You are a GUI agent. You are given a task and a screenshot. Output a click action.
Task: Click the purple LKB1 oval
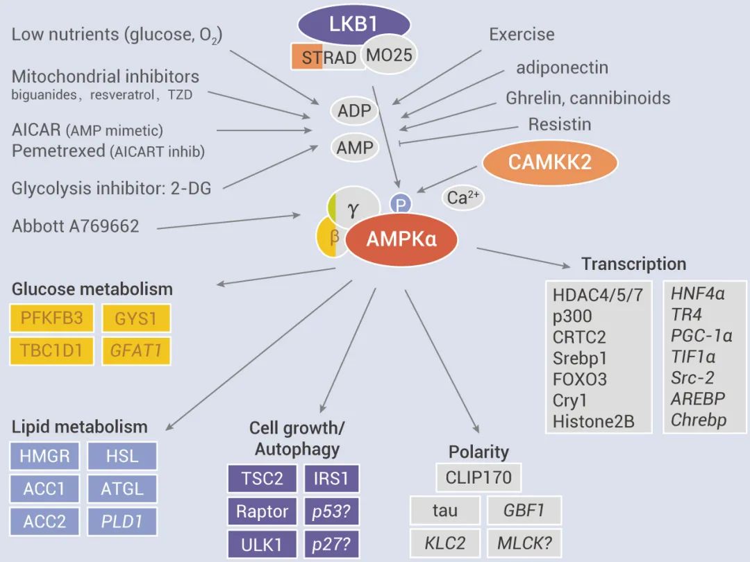[352, 25]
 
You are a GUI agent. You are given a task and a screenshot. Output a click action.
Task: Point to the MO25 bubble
[390, 56]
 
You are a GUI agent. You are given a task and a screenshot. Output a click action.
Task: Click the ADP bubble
[354, 111]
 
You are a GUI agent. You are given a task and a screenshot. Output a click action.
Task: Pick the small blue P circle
[401, 204]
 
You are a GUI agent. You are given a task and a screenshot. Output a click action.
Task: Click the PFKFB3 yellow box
[52, 318]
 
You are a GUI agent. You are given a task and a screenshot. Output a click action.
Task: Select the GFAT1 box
[136, 350]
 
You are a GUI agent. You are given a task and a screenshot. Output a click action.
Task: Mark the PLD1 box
[122, 521]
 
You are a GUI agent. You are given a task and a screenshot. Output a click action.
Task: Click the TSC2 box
[262, 479]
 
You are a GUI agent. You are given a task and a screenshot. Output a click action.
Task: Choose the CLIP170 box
[478, 477]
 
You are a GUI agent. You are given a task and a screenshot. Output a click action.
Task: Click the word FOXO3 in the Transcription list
[580, 379]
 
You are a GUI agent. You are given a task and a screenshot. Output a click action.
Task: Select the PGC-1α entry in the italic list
[701, 336]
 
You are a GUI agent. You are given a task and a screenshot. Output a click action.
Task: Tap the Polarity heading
[478, 452]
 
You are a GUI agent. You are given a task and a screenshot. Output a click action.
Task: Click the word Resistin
[560, 124]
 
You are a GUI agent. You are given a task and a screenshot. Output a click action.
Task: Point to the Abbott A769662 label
[76, 225]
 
